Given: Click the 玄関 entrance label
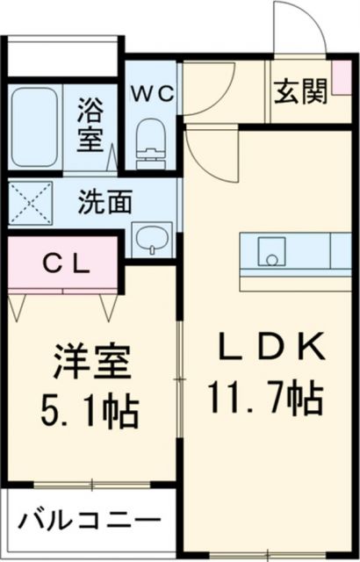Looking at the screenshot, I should click(300, 92).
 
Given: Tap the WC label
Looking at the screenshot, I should click(153, 92).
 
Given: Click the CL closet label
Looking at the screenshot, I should click(63, 263).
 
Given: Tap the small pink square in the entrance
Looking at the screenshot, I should click(342, 73).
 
